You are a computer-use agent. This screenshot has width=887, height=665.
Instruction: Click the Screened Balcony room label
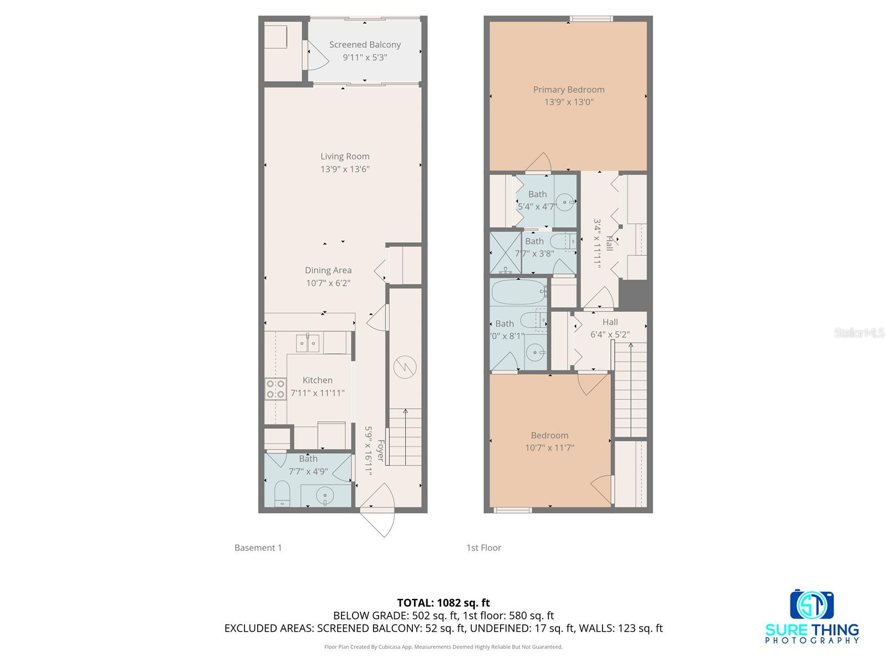pyautogui.click(x=365, y=44)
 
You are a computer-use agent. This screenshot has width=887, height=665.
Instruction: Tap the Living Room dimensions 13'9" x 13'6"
pyautogui.click(x=345, y=169)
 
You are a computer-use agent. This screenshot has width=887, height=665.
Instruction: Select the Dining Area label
pyautogui.click(x=328, y=270)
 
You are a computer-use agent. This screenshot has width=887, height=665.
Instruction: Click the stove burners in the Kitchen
pyautogui.click(x=275, y=388)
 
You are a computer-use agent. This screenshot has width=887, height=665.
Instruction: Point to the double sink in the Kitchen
pyautogui.click(x=308, y=344)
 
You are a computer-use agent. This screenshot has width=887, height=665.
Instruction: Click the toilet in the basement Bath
pyautogui.click(x=282, y=493)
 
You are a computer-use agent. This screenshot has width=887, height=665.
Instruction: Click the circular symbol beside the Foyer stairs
pyautogui.click(x=404, y=367)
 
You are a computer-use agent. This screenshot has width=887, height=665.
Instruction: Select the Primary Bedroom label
pyautogui.click(x=569, y=89)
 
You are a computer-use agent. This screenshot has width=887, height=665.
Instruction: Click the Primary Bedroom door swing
pyautogui.click(x=539, y=162)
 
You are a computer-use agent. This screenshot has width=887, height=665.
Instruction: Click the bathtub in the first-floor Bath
pyautogui.click(x=519, y=292)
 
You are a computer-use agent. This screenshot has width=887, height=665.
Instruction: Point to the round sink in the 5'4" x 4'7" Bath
pyautogui.click(x=565, y=202)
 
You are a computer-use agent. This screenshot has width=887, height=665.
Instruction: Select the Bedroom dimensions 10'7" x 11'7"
pyautogui.click(x=549, y=448)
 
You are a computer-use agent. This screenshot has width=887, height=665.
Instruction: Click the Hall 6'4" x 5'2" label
pyautogui.click(x=610, y=322)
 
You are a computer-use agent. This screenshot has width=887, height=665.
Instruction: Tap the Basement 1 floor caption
pyautogui.click(x=258, y=548)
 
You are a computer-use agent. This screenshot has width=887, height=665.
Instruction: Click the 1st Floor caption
pyautogui.click(x=483, y=548)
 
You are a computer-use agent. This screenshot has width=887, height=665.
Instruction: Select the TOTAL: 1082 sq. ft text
pyautogui.click(x=443, y=602)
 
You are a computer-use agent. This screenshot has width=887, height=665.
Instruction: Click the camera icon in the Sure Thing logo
pyautogui.click(x=812, y=605)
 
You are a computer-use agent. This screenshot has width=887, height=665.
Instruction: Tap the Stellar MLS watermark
pyautogui.click(x=859, y=332)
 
